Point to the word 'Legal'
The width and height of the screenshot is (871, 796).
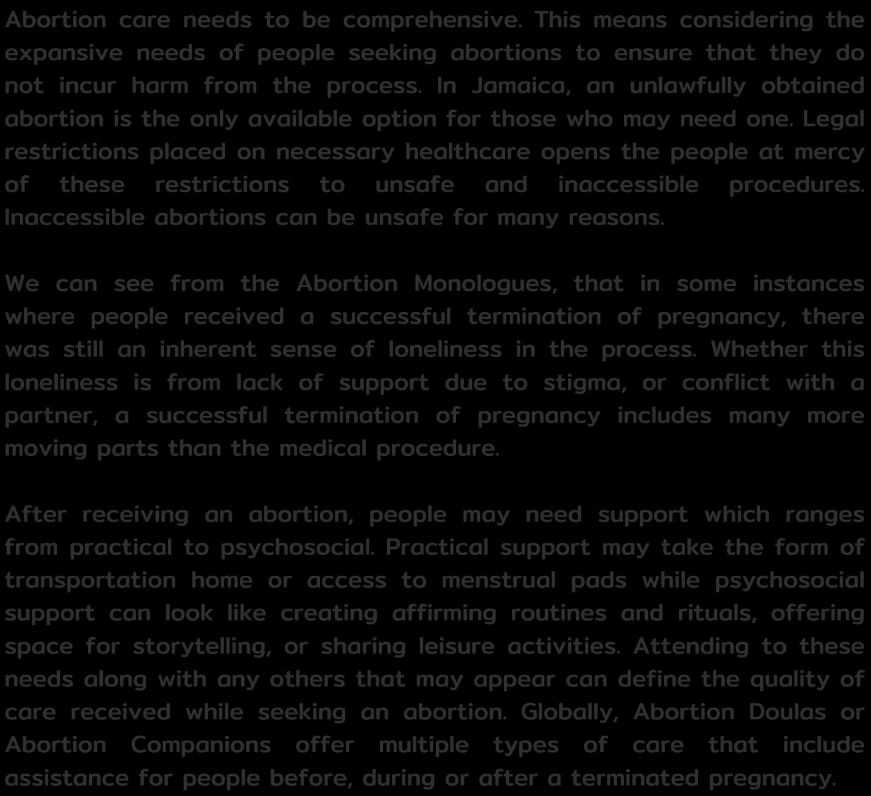[833, 119]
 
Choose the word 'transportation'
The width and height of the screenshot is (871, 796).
[91, 580]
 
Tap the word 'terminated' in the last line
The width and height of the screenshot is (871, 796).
[632, 778]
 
